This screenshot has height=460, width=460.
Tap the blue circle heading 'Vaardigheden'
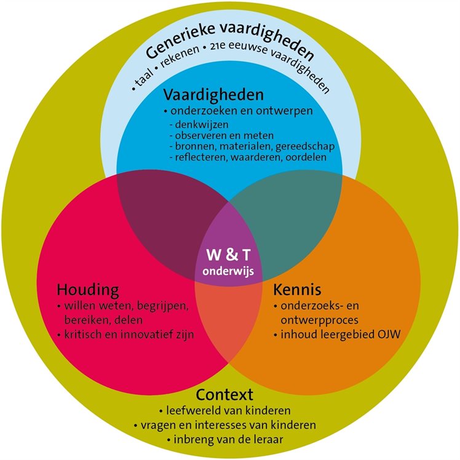click(213, 96)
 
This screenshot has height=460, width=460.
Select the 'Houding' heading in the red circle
click(87, 289)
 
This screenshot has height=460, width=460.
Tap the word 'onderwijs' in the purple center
click(229, 269)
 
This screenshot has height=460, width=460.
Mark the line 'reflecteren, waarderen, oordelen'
click(247, 157)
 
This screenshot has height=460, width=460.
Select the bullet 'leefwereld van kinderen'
click(229, 410)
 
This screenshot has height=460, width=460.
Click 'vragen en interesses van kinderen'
click(229, 426)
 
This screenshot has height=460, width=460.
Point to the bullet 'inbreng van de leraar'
click(229, 440)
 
